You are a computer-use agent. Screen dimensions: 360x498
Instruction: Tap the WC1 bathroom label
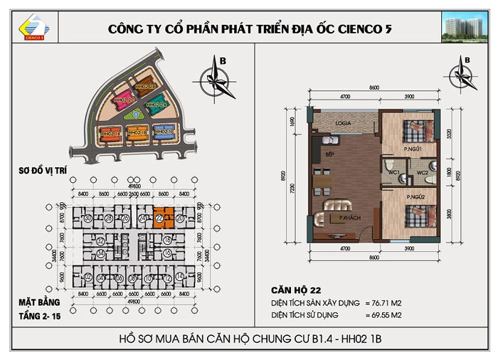392,172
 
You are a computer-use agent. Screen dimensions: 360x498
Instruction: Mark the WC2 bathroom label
421,172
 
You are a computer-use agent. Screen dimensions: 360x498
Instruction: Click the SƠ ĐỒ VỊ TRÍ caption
45,171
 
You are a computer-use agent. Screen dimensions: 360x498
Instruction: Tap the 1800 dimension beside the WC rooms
449,172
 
